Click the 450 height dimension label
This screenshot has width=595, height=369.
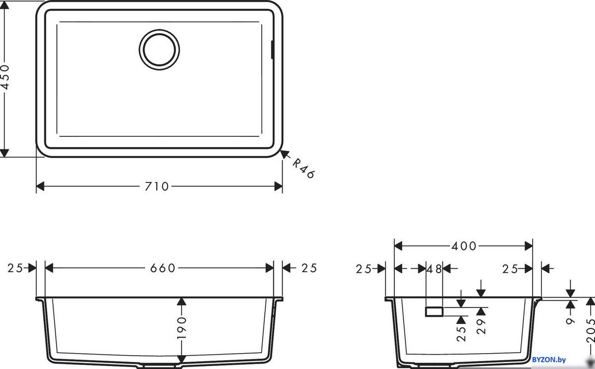pos(5,77)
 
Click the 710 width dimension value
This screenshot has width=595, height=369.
pos(157,186)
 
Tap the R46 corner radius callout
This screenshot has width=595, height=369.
pos(303,168)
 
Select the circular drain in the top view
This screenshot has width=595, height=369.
pos(159,50)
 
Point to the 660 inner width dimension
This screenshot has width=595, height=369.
pos(163,268)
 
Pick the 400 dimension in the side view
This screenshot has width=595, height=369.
pos(464,246)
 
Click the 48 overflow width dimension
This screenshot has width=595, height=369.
pos(434,269)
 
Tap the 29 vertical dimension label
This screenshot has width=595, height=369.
pos(481,326)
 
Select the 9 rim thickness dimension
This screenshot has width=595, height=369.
pos(570,321)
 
